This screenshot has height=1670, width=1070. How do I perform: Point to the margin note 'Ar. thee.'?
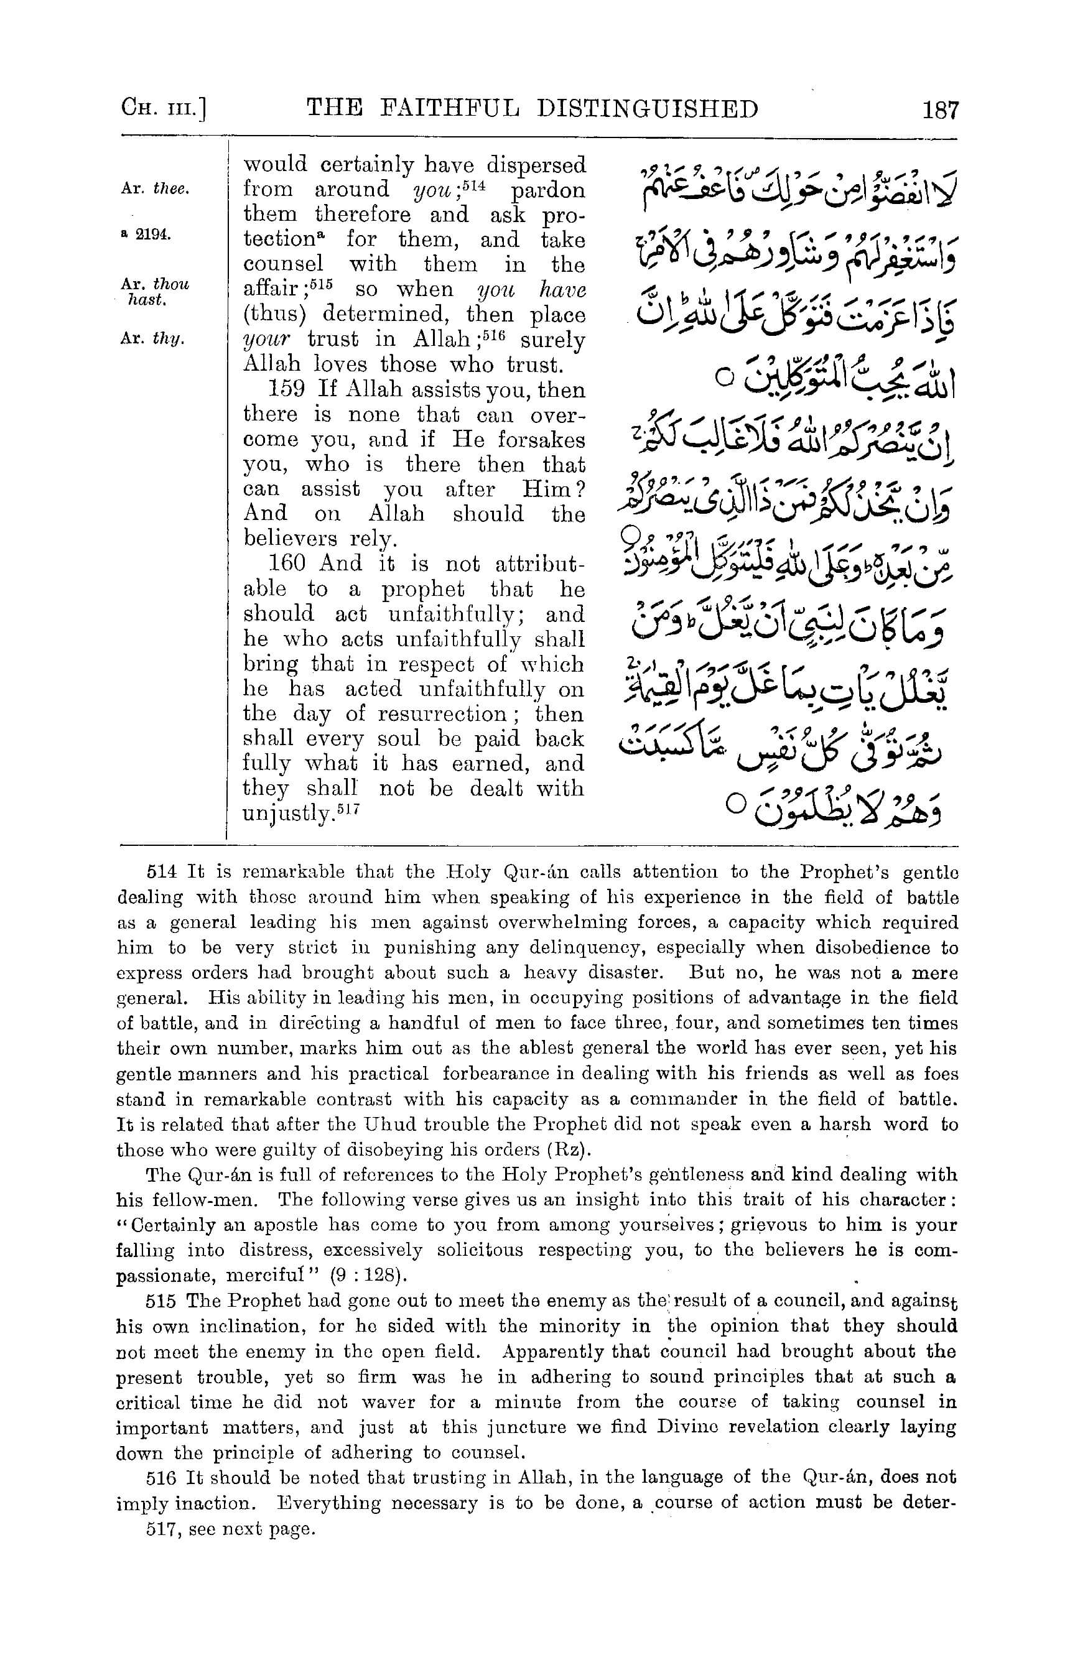click(155, 189)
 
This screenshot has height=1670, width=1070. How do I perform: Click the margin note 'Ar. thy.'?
click(153, 339)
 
